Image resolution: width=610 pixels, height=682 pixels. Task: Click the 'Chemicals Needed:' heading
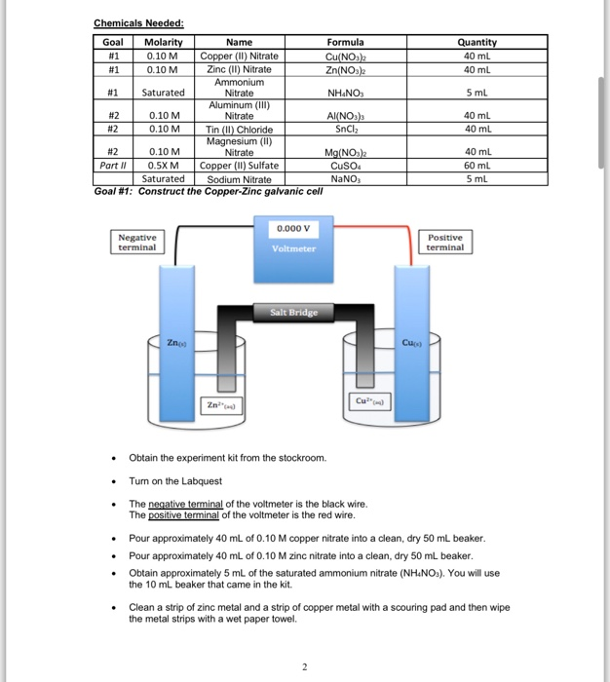pos(138,23)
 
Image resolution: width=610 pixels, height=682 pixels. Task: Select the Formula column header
pos(345,42)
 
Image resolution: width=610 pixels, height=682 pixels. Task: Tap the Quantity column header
pos(477,42)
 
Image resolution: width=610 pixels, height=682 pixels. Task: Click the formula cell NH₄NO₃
pos(345,94)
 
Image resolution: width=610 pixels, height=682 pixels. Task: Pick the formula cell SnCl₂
pos(345,129)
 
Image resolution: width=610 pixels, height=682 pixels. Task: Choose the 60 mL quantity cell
pos(477,166)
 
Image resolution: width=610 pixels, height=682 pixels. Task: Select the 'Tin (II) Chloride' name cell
pos(239,130)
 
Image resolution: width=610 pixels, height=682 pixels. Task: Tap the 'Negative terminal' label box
pos(136,243)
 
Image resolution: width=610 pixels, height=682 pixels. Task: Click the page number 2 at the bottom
pos(304,667)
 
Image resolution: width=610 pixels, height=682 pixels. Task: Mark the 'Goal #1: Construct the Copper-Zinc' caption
pos(208,191)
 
